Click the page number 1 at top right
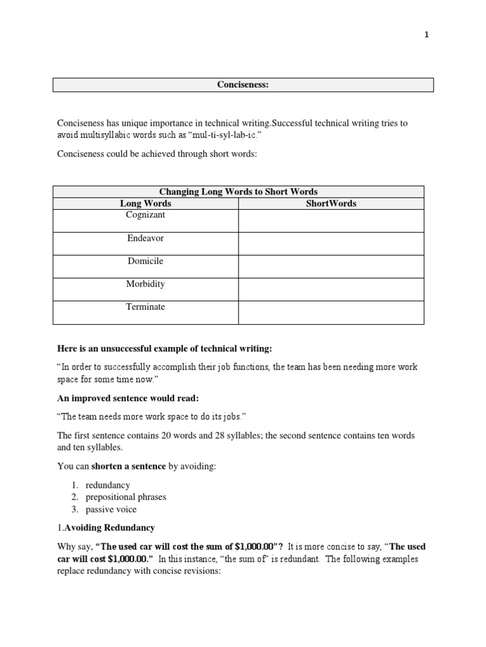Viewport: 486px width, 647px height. (427, 35)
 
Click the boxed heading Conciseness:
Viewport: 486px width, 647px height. (243, 85)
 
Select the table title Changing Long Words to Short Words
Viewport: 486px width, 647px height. (238, 191)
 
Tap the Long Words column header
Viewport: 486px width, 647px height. (146, 203)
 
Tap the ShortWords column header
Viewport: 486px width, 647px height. (331, 203)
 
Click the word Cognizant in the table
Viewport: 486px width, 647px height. (146, 215)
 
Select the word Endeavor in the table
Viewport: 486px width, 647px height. (146, 238)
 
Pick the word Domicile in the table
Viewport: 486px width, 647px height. (146, 261)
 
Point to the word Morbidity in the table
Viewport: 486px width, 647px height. (146, 284)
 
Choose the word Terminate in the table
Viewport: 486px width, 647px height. (146, 306)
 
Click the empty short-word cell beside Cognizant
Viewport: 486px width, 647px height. (331, 221)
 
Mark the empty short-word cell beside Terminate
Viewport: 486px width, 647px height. (331, 312)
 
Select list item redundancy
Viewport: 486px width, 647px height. (108, 485)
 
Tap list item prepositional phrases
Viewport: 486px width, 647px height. (126, 497)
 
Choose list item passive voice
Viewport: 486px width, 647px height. (111, 509)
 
